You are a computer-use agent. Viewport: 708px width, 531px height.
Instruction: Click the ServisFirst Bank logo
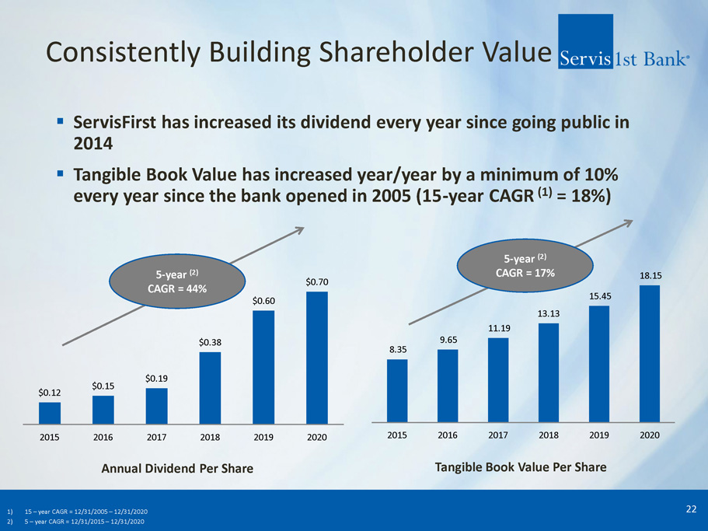[624, 54]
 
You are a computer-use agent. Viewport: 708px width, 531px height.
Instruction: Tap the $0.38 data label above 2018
[210, 342]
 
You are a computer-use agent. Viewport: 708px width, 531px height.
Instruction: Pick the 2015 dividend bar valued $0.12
[50, 413]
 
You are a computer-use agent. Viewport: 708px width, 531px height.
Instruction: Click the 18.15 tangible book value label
[649, 275]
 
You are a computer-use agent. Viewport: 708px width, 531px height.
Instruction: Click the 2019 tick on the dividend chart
[263, 438]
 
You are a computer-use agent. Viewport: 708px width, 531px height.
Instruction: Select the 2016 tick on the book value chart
[447, 435]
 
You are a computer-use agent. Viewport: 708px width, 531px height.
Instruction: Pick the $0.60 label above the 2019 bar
[263, 301]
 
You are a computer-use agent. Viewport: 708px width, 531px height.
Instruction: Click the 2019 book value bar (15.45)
[599, 363]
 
